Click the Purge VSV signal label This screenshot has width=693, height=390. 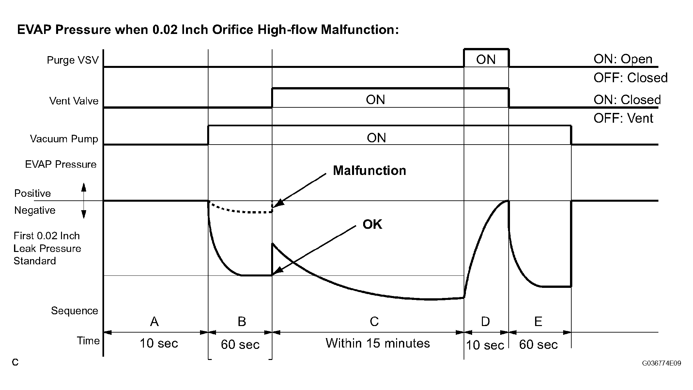point(72,60)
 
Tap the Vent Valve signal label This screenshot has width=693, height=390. point(74,101)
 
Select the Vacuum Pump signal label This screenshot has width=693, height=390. point(64,139)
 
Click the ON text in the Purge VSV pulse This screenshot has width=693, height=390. point(486,59)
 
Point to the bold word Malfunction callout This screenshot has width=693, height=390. point(369,171)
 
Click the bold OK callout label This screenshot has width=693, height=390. point(372,224)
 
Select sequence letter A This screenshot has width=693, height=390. point(154,322)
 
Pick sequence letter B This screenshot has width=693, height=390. point(241,322)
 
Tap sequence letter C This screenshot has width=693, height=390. point(374,322)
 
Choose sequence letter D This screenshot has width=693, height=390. point(485,322)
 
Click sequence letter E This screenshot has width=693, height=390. point(538,322)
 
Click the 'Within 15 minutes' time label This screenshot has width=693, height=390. point(377,343)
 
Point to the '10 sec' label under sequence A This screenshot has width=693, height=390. point(159,343)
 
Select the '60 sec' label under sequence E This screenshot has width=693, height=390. point(538,344)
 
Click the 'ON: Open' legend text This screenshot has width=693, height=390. point(623,59)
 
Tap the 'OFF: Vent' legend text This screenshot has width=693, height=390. point(623,118)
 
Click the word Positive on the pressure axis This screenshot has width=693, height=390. point(33,193)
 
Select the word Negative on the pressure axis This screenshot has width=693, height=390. point(35,210)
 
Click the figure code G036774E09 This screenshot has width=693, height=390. point(661,363)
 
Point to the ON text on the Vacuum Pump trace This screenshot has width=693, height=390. point(376,138)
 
